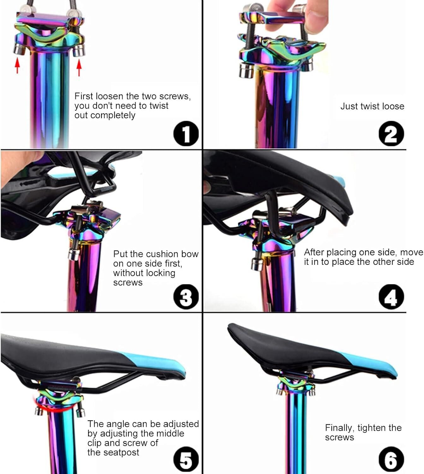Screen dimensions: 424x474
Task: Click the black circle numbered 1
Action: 186,134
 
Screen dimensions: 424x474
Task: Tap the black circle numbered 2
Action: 391,134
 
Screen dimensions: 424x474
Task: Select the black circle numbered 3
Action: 186,297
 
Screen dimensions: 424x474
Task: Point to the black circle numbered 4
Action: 391,297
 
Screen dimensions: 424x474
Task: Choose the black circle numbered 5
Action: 186,459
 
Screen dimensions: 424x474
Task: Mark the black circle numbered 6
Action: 391,459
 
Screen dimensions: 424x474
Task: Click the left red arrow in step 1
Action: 17,66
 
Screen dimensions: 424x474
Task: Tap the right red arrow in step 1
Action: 79,67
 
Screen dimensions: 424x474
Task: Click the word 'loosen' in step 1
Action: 109,96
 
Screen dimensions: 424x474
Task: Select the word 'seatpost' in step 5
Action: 121,453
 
